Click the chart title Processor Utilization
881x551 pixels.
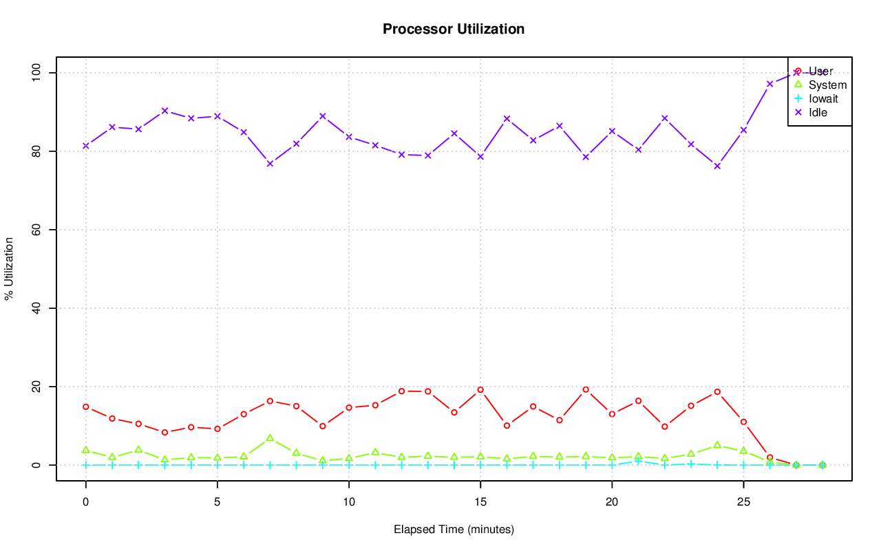[x=454, y=30]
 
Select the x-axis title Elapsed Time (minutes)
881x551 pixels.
[x=454, y=530]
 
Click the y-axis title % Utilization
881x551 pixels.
[x=10, y=269]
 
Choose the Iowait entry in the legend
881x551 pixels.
[x=822, y=99]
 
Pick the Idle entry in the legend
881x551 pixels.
[x=818, y=112]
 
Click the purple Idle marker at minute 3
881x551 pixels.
[x=164, y=111]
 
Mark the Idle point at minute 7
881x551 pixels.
[x=270, y=164]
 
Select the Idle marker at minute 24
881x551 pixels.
[x=717, y=166]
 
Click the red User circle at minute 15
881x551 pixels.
[x=480, y=390]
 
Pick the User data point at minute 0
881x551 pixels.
[x=86, y=407]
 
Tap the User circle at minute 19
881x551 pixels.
[x=586, y=389]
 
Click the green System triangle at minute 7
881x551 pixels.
[x=270, y=437]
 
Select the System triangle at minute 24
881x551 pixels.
[x=717, y=445]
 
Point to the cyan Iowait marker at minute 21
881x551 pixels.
[x=639, y=461]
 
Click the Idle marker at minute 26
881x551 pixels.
[x=770, y=84]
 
